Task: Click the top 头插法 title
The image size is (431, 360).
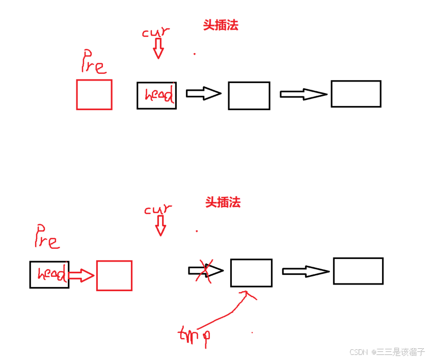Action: pos(221,25)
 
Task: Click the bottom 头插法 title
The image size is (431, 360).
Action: pos(223,202)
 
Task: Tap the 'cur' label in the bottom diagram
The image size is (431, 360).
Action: pos(158,209)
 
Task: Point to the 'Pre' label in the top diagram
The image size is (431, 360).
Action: pos(94,61)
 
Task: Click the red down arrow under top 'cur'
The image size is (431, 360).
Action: pos(158,48)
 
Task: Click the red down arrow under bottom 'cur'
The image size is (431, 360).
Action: pos(160,225)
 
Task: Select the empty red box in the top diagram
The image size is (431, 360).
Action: pos(94,94)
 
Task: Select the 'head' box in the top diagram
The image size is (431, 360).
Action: pos(156,95)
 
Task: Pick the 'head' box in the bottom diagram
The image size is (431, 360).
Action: pos(49,275)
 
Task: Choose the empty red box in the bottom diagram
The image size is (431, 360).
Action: pos(114,275)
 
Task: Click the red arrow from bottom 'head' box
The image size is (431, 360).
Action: pos(82,276)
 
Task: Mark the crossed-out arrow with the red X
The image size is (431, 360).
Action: pos(206,271)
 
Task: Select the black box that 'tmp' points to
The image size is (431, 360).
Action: pos(251,273)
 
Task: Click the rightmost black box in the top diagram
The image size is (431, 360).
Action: pos(356,94)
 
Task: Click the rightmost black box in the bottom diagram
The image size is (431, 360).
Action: pos(358,271)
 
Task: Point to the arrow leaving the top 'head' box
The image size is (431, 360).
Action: pos(203,93)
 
